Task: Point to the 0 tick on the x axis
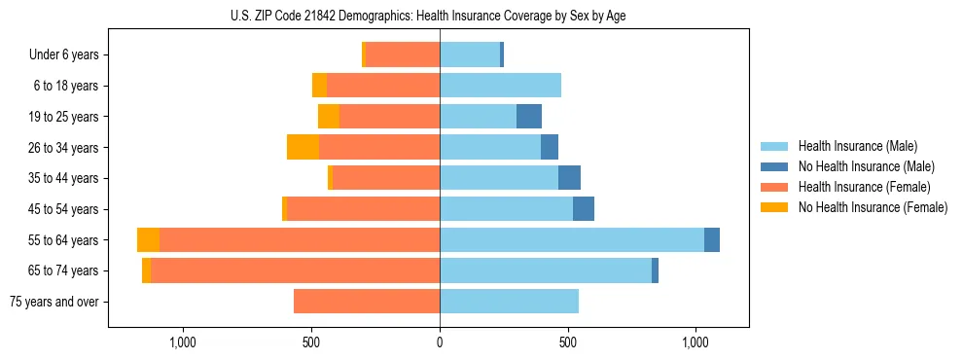[x=440, y=342]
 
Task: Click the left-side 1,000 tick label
[x=183, y=342]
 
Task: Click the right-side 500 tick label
[x=568, y=342]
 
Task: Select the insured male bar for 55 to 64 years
[x=572, y=240]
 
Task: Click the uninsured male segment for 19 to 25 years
[x=529, y=117]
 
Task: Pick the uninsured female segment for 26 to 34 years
[x=303, y=148]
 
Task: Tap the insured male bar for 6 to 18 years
[x=500, y=86]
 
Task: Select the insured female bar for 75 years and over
[x=367, y=302]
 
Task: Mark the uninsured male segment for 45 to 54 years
[x=584, y=209]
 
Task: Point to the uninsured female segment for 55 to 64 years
[x=148, y=240]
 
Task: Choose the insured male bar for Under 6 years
[x=470, y=55]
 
